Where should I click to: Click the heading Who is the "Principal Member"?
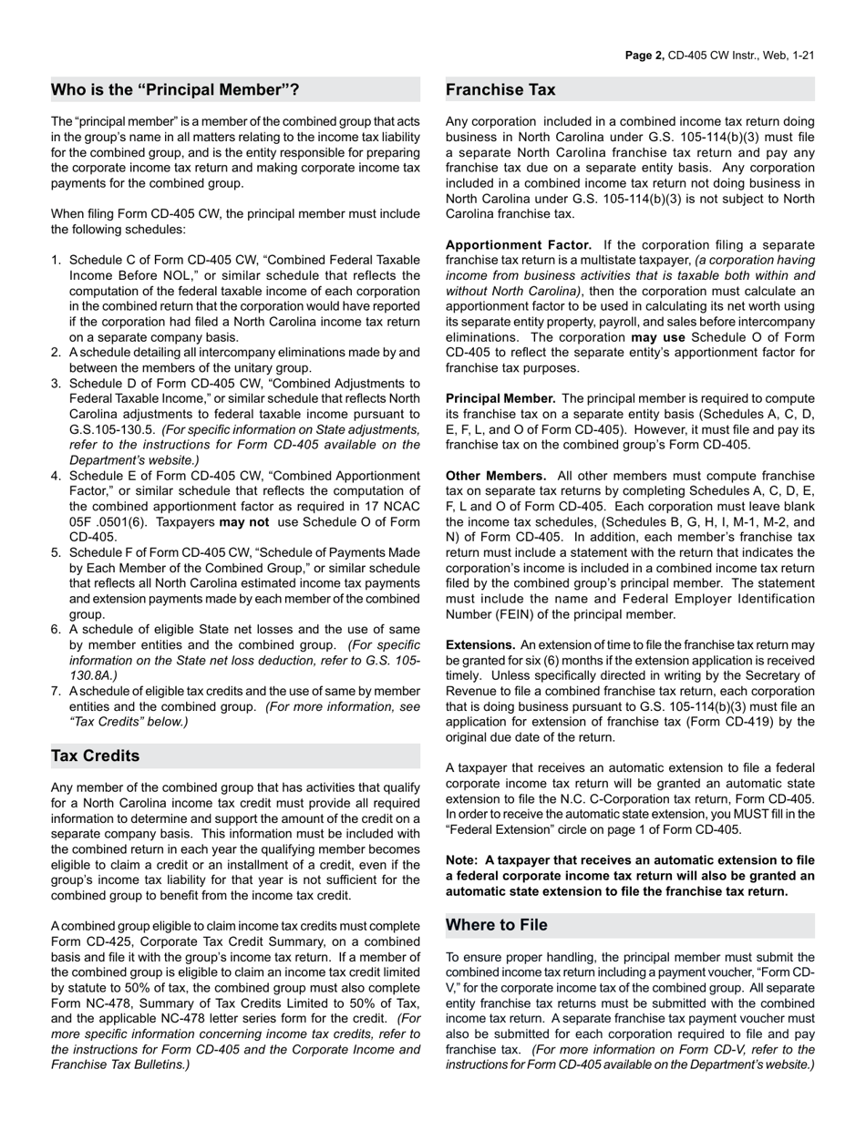[x=175, y=89]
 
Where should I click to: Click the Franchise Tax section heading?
[x=500, y=89]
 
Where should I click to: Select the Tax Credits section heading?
[x=96, y=756]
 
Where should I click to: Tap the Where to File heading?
[x=497, y=925]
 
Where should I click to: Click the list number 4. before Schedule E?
[x=57, y=476]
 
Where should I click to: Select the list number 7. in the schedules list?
[x=57, y=691]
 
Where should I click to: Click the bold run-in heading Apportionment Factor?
[x=518, y=245]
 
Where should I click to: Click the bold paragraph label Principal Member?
[x=500, y=398]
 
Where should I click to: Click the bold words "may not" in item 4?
[x=244, y=522]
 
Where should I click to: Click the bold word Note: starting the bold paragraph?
[x=462, y=859]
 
